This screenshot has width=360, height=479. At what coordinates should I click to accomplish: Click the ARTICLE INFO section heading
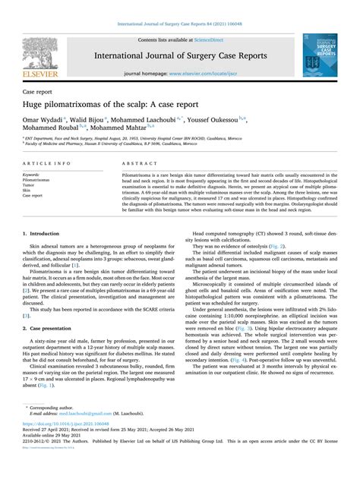(47, 163)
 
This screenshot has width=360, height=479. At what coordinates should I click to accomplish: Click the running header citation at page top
(179, 6)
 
